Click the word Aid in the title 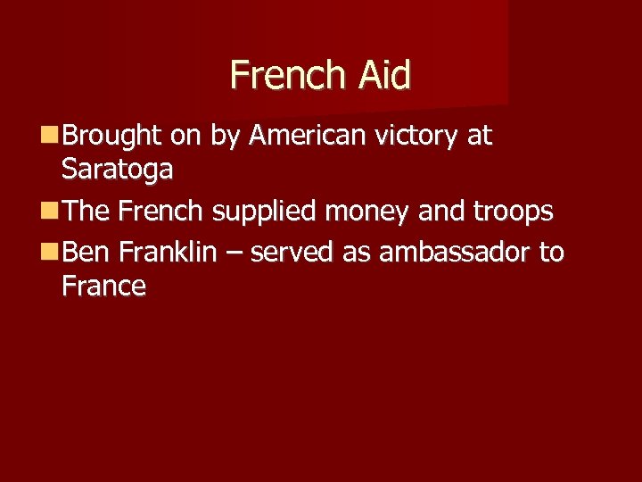click(385, 75)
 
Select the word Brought click(111, 136)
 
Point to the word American click(308, 136)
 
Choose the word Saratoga click(118, 169)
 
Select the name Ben click(86, 253)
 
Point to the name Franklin click(167, 253)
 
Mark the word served click(293, 253)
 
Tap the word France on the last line click(103, 287)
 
